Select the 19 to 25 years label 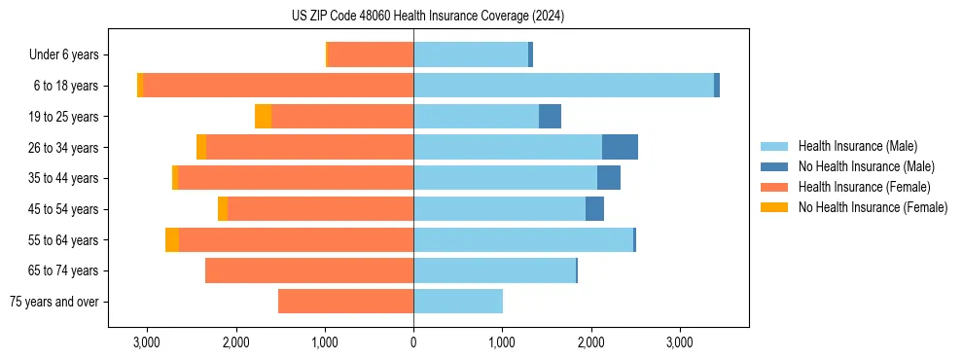(63, 117)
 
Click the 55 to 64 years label (63, 239)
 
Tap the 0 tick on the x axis (413, 342)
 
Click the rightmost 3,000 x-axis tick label (679, 342)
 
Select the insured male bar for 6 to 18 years (563, 86)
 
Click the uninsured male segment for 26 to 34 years (620, 147)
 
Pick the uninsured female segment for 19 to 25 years (263, 117)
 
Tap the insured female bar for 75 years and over (345, 302)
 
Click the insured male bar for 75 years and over (458, 302)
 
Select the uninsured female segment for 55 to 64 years (172, 239)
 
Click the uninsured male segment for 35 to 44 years (609, 178)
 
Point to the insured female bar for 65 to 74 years (309, 270)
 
